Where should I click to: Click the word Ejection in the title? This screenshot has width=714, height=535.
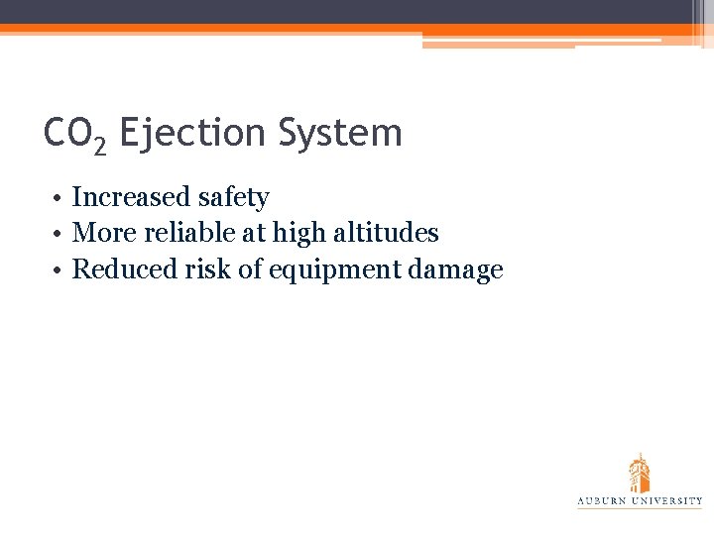[x=193, y=134]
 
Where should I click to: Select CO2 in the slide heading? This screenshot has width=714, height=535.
[x=74, y=135]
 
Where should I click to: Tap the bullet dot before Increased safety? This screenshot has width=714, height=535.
[x=59, y=199]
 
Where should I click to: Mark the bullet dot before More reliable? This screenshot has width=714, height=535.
[x=59, y=235]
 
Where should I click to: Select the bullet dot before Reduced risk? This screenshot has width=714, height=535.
[x=59, y=270]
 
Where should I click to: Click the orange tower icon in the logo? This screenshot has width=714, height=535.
[x=640, y=473]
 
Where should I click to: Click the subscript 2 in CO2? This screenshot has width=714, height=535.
[x=99, y=147]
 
